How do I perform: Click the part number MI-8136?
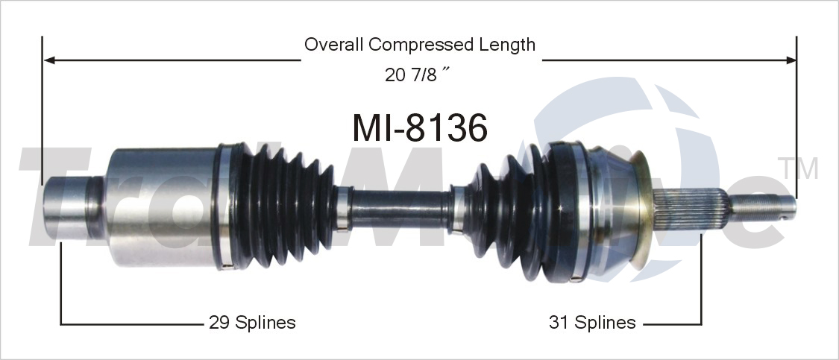[x=420, y=127]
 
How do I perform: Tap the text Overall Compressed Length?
[x=419, y=45]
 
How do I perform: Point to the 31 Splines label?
[x=592, y=323]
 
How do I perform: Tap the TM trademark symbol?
[x=797, y=168]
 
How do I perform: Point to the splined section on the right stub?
[x=691, y=208]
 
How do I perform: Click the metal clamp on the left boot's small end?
[x=342, y=207]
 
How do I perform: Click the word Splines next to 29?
[x=265, y=323]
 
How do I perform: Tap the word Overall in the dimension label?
[x=334, y=45]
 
